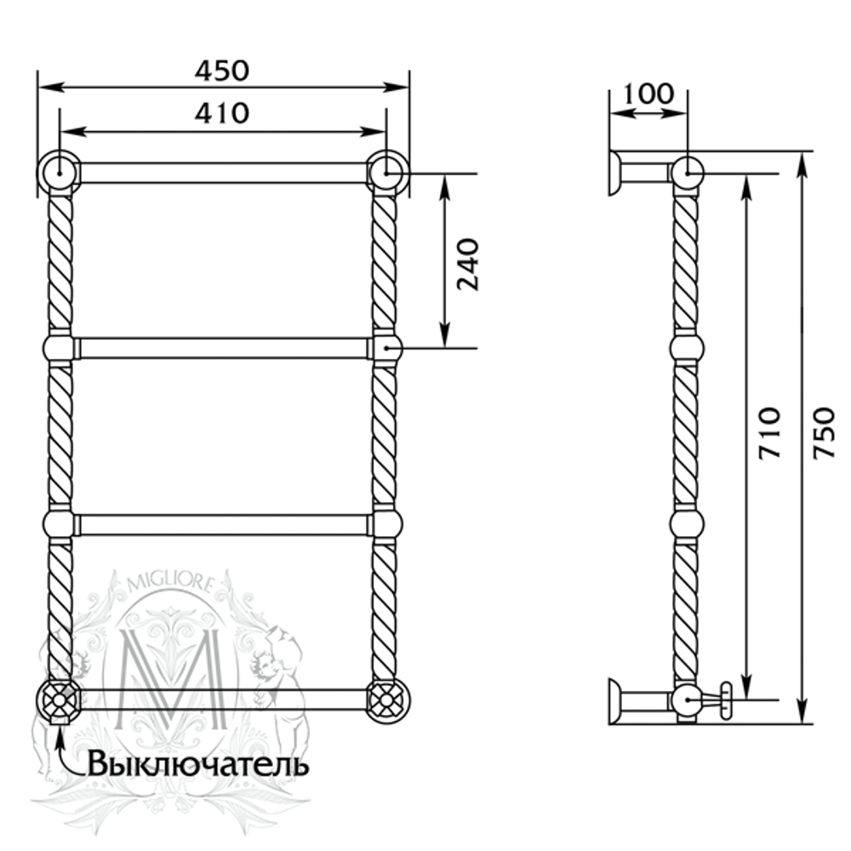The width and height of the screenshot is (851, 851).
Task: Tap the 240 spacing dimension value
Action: (x=467, y=264)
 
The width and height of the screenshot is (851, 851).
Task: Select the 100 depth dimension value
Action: (x=648, y=93)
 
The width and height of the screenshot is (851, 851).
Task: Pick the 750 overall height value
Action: (x=822, y=434)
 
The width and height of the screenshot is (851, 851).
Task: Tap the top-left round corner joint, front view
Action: (x=58, y=172)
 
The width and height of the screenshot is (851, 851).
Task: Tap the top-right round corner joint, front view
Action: (x=387, y=172)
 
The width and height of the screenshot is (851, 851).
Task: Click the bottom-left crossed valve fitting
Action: (x=58, y=700)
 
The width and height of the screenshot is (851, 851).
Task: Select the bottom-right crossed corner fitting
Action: (x=387, y=700)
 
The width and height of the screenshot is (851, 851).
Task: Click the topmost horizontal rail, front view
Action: (x=223, y=173)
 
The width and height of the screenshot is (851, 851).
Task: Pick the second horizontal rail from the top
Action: (x=223, y=348)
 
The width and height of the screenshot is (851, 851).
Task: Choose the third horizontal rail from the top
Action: (x=223, y=523)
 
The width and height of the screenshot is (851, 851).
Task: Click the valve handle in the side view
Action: (x=725, y=700)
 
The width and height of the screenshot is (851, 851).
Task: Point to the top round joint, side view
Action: (x=687, y=173)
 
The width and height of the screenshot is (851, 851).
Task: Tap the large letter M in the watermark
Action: (x=174, y=672)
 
